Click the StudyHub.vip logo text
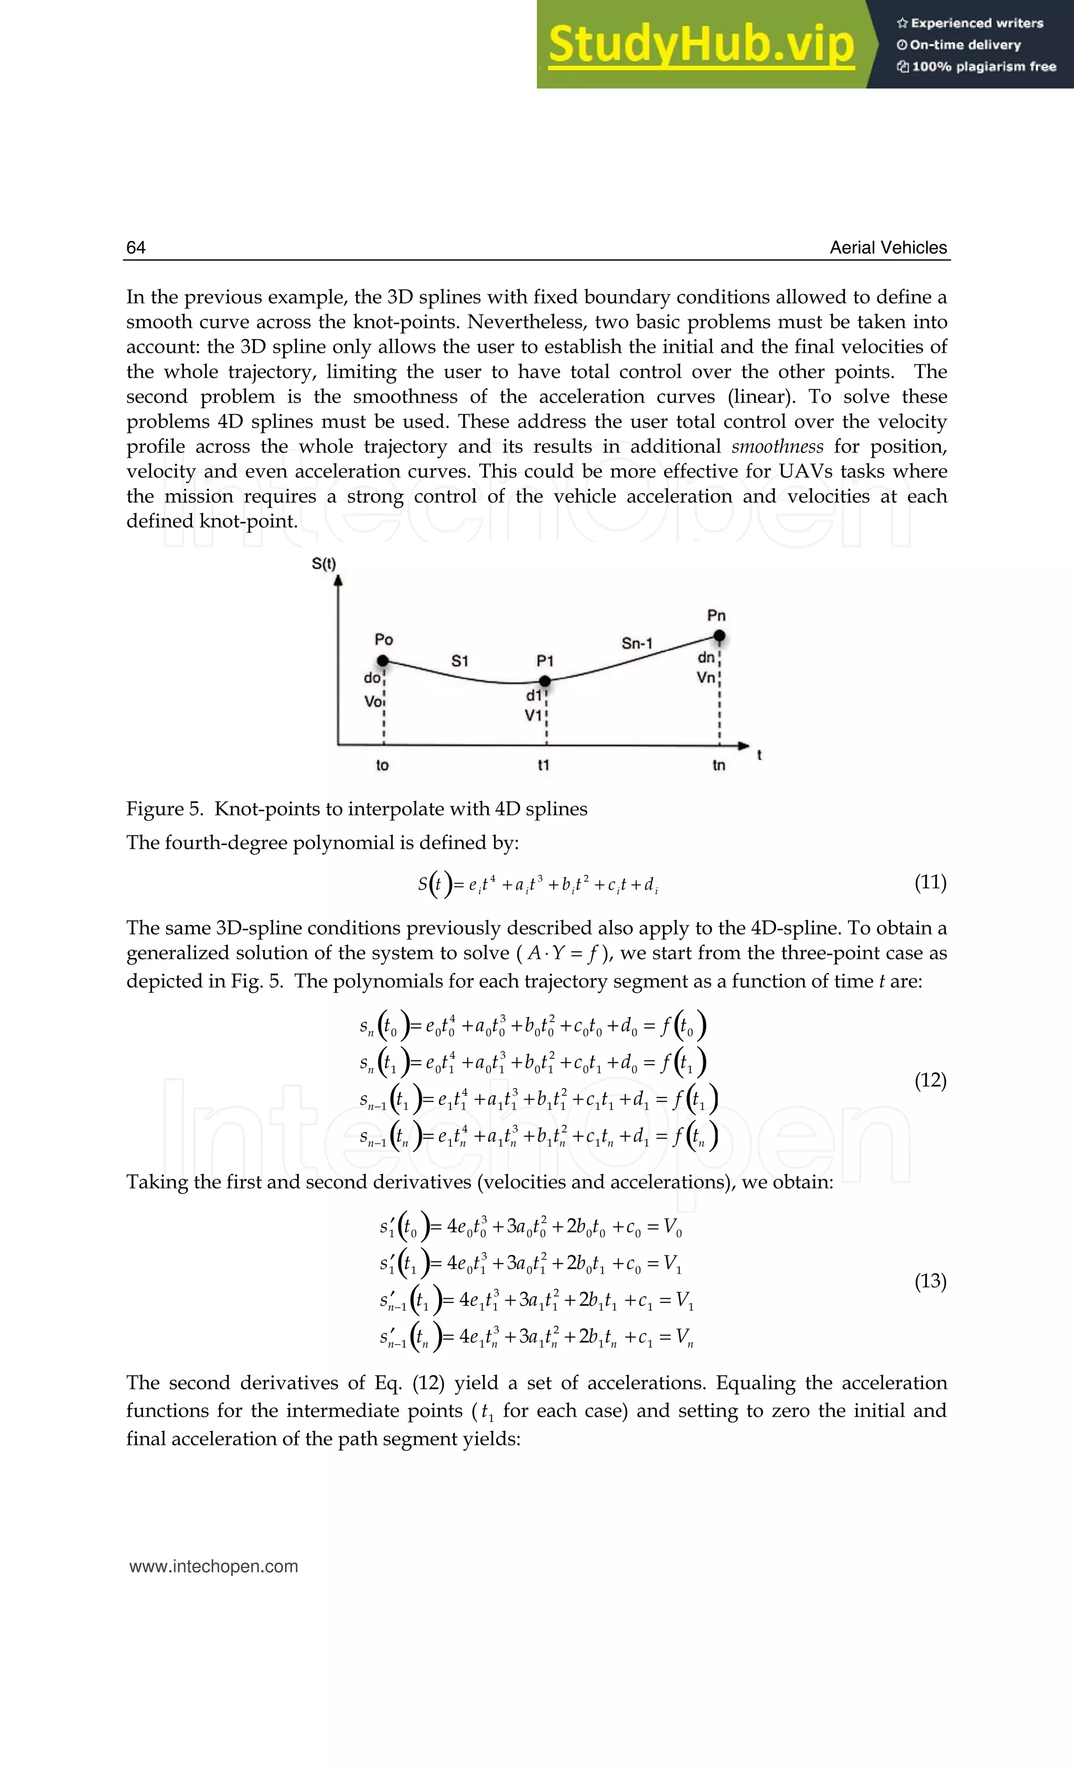[701, 45]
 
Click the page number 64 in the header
[136, 247]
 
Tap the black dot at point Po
[383, 660]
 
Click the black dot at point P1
[545, 680]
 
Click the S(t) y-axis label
[324, 563]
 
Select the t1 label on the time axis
[543, 765]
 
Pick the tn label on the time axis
[718, 765]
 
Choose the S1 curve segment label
[459, 661]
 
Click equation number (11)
[930, 882]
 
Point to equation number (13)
[930, 1281]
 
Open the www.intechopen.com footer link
[213, 1566]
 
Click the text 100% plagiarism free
[984, 67]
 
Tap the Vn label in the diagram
[706, 677]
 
